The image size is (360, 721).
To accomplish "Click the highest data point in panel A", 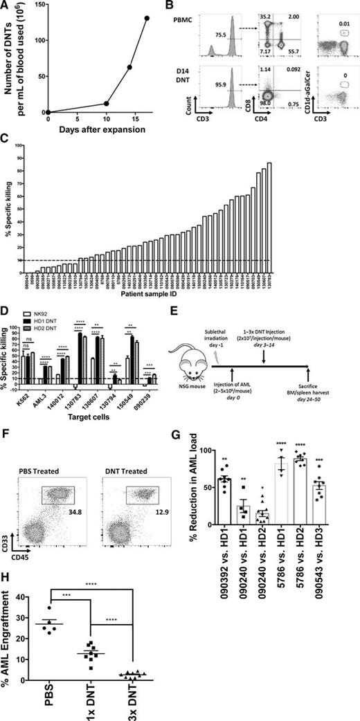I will point(146,19).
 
